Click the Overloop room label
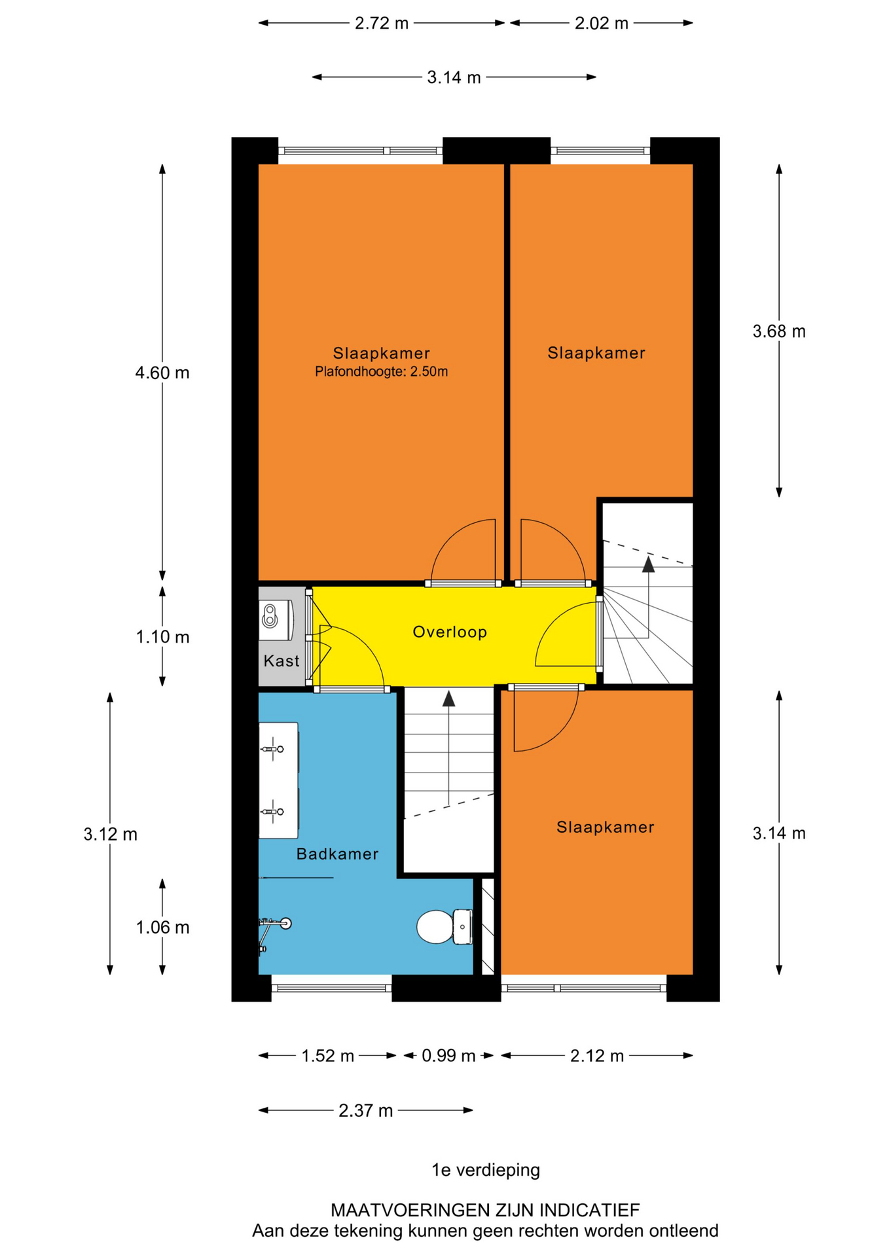pos(450,632)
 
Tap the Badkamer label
pos(337,854)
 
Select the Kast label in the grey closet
pos(281,661)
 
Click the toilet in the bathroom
pos(444,926)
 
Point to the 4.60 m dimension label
pos(162,373)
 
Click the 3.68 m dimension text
pos(779,331)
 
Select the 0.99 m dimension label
pos(448,1055)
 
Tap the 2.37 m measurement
pos(366,1110)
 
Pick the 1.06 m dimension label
pos(162,927)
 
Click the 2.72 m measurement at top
pos(382,24)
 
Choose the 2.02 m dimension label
pos(602,24)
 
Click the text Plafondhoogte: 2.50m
pos(382,372)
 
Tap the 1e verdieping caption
pos(486,1170)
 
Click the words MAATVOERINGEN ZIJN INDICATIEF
pos(485,1210)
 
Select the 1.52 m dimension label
pos(327,1055)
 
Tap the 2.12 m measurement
pos(597,1055)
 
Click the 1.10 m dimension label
pos(162,636)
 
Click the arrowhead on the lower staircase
pos(448,699)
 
